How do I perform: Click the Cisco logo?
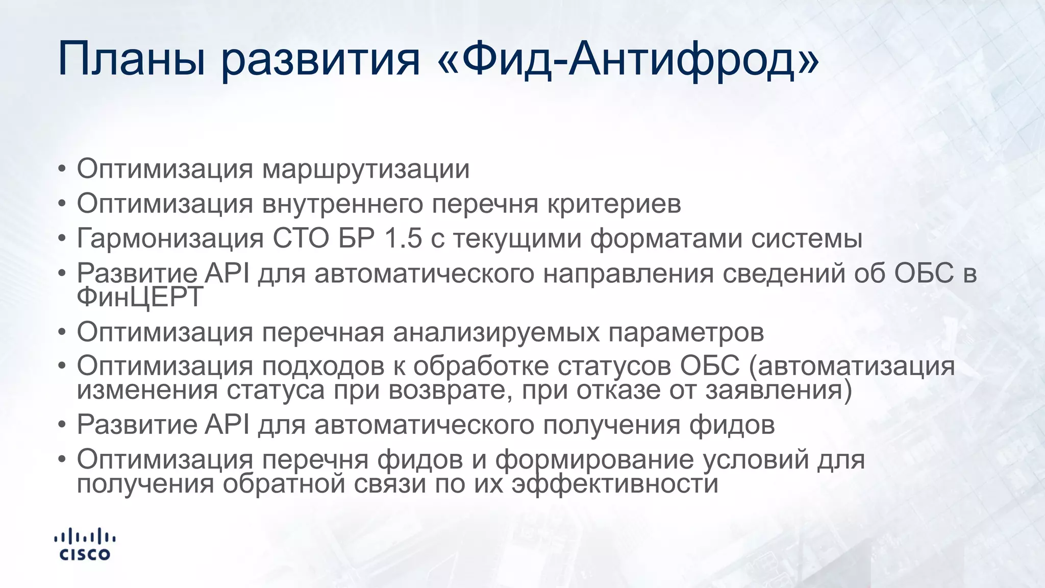click(x=85, y=545)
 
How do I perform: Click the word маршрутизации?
click(x=366, y=169)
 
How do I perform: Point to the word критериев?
click(x=614, y=204)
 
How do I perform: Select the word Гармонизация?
click(x=170, y=238)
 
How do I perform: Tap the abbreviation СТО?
click(x=301, y=238)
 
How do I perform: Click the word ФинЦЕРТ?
click(x=140, y=297)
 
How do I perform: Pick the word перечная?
click(x=323, y=332)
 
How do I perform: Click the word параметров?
click(x=686, y=332)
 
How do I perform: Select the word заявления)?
click(x=779, y=390)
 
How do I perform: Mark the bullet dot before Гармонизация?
click(x=62, y=238)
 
